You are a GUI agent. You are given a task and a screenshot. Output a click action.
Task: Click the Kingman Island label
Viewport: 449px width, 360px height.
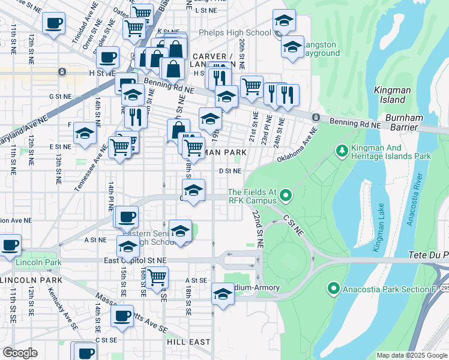tap(390, 95)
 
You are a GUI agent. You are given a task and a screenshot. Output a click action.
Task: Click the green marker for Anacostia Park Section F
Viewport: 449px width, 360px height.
tap(334, 289)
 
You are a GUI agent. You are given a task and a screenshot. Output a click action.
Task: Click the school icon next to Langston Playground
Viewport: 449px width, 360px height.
tap(292, 47)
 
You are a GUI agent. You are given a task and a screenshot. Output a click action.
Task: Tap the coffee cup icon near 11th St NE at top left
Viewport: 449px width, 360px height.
tap(53, 24)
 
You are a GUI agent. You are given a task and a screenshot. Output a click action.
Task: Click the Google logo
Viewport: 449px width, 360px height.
tap(20, 353)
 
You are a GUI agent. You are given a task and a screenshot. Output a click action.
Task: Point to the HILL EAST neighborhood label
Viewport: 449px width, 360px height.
tap(188, 341)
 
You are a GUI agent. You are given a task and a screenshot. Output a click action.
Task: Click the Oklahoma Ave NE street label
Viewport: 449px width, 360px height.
tap(297, 146)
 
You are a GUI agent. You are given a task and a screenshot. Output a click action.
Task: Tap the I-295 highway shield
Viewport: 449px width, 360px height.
tap(444, 289)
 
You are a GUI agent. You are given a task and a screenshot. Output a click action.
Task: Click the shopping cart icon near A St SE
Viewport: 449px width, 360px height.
tap(156, 278)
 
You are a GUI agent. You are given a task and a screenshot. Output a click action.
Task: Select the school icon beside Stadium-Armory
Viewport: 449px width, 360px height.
tap(222, 295)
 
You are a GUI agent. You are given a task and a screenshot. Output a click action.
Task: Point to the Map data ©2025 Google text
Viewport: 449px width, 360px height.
tap(412, 355)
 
